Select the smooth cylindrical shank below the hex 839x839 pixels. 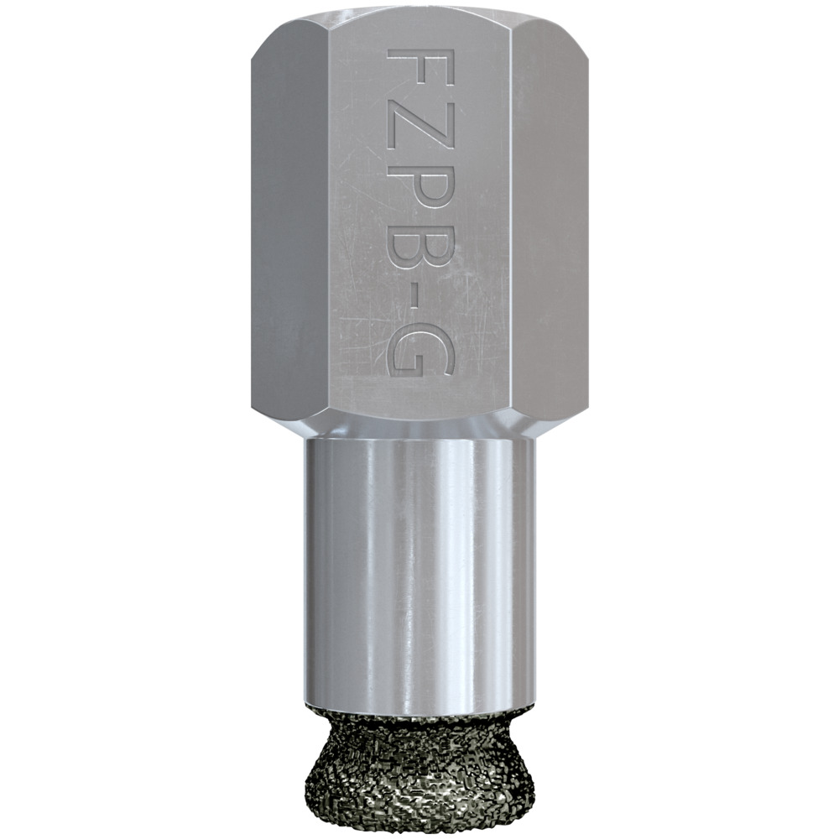[378, 571]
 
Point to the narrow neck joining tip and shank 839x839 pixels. [419, 713]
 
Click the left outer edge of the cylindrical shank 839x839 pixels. [305, 571]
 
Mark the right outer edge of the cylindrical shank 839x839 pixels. [534, 571]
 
